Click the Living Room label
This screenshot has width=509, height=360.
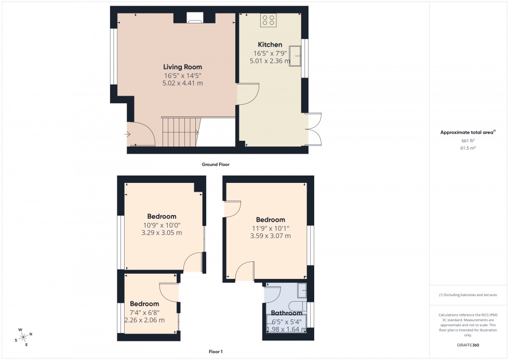(x=182, y=67)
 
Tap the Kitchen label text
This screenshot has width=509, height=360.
(x=270, y=45)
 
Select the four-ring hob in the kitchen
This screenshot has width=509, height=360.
(x=269, y=20)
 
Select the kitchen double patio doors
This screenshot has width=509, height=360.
(x=314, y=128)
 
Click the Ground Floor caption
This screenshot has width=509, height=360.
(x=216, y=165)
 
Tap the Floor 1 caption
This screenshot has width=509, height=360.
(x=215, y=352)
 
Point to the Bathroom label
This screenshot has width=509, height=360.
(x=287, y=313)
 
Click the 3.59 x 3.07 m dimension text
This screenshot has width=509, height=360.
(x=270, y=236)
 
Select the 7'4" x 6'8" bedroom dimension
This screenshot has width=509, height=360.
(x=144, y=312)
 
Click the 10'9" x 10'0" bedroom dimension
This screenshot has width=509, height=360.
(x=162, y=225)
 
